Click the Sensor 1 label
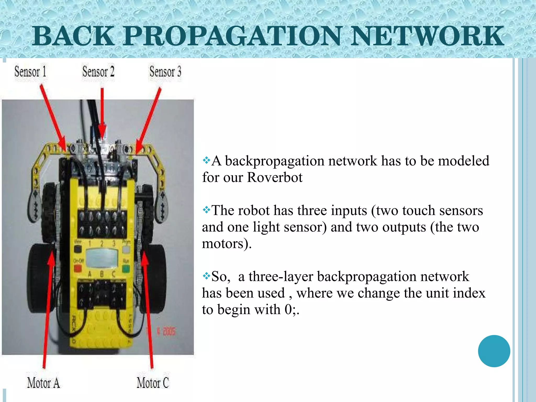(30, 72)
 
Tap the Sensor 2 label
(98, 72)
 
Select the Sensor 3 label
(165, 72)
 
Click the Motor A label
(43, 383)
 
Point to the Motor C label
(153, 383)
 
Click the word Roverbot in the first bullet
(275, 177)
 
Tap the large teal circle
(494, 351)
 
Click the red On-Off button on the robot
(78, 268)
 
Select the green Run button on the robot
(126, 269)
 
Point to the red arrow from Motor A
(48, 309)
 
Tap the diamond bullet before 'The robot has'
(206, 210)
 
